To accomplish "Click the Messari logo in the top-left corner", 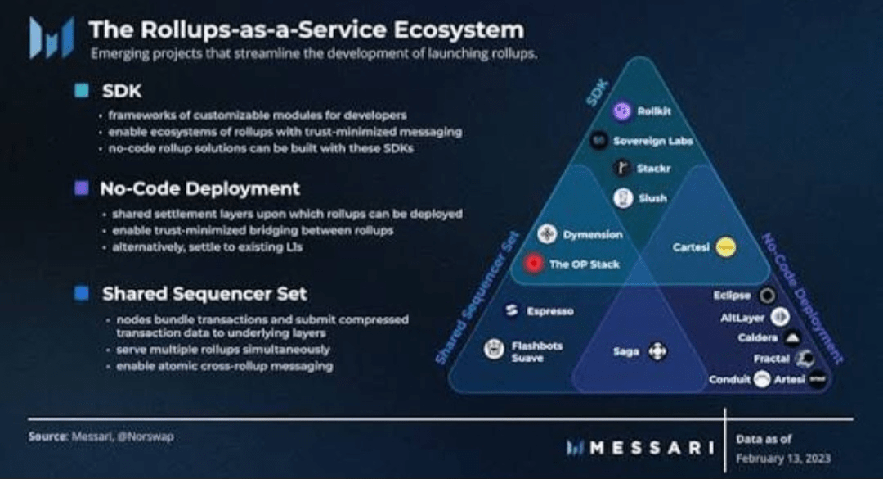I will [x=51, y=38].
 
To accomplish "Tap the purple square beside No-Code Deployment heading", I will [x=82, y=188].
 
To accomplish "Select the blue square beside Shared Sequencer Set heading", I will [x=82, y=292].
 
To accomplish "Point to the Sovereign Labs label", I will [x=652, y=141].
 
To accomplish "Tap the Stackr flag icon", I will [x=623, y=169].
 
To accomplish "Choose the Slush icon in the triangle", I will [x=623, y=198].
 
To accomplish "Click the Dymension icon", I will [x=547, y=235].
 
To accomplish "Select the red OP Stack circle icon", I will [x=535, y=264].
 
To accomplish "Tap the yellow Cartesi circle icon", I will [x=725, y=246].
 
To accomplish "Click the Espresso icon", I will [x=513, y=311].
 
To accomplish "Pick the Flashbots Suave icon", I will [x=493, y=350].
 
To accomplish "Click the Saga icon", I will [x=657, y=352].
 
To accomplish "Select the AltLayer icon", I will [x=780, y=317].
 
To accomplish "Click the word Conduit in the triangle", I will [x=729, y=380].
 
